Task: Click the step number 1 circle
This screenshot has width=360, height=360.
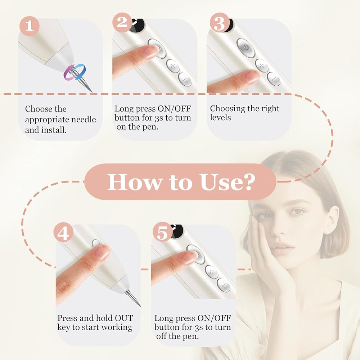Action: click(x=29, y=26)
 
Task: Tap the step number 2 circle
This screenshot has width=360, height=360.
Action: click(x=122, y=22)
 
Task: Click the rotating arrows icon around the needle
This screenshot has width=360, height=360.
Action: click(x=75, y=72)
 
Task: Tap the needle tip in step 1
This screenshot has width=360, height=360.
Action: click(x=92, y=92)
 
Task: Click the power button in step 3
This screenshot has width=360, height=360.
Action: click(x=246, y=48)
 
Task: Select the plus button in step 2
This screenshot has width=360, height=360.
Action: click(x=173, y=66)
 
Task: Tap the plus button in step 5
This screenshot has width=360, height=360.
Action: click(x=212, y=272)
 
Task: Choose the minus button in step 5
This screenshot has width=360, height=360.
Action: click(x=224, y=285)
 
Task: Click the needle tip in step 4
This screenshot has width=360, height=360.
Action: click(x=140, y=306)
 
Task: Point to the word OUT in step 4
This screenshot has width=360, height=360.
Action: click(x=124, y=318)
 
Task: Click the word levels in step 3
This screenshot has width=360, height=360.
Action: click(x=220, y=117)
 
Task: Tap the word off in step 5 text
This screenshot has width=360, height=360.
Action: click(x=161, y=336)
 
